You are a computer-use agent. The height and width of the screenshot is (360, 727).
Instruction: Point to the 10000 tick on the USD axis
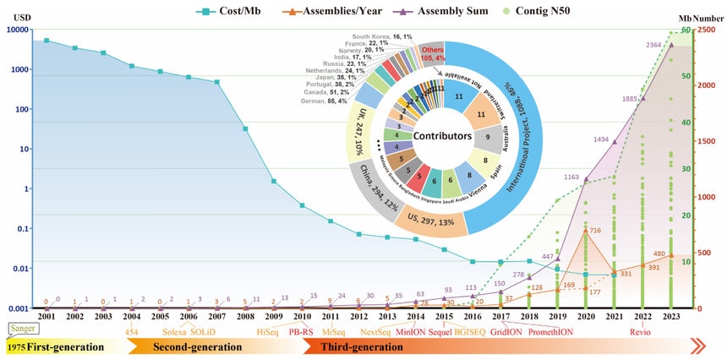click(16, 30)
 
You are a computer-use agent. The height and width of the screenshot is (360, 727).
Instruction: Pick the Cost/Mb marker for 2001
click(46, 40)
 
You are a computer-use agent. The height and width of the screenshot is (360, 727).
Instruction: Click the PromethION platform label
click(553, 331)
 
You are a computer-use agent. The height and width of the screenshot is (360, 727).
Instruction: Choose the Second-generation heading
click(173, 347)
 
